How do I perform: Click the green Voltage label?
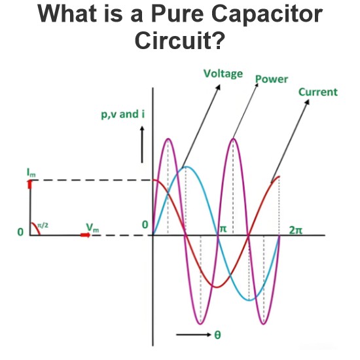click(x=223, y=74)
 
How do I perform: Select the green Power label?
click(x=272, y=79)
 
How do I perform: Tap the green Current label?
click(x=318, y=92)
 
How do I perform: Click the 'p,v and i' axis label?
click(x=123, y=115)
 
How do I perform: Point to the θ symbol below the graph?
click(x=218, y=334)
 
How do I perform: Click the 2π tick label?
click(x=296, y=230)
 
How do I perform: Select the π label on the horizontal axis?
click(x=223, y=229)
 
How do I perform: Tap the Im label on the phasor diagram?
click(x=31, y=173)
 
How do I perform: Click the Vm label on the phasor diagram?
click(x=92, y=228)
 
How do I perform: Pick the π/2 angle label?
click(x=43, y=225)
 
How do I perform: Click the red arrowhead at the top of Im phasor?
click(x=30, y=185)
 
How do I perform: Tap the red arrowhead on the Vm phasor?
click(x=86, y=235)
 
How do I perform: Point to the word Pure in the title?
click(x=177, y=14)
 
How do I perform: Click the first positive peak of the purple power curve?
click(x=168, y=139)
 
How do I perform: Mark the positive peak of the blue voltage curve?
click(x=187, y=167)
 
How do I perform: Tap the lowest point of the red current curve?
click(x=216, y=287)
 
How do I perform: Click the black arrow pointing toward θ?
click(x=194, y=334)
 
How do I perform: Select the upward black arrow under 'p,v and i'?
click(x=142, y=145)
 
